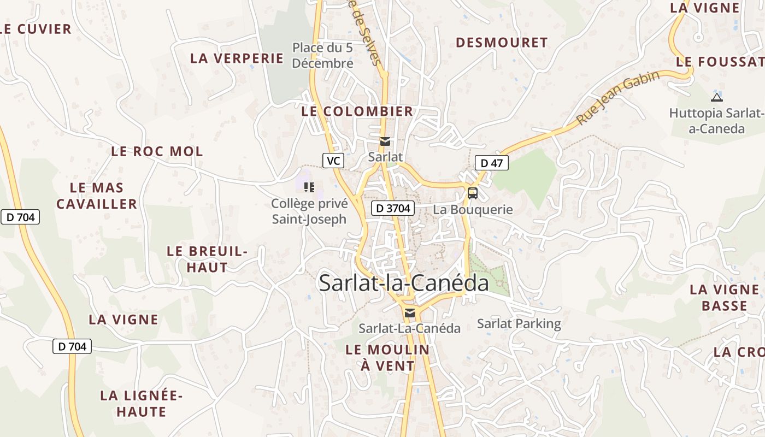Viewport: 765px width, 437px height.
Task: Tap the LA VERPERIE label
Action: click(237, 58)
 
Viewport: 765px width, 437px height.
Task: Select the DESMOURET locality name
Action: click(502, 43)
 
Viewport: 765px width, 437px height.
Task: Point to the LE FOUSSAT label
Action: click(719, 62)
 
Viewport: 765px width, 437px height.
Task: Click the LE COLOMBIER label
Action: click(357, 111)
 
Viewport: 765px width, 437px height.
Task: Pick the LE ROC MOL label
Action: click(157, 151)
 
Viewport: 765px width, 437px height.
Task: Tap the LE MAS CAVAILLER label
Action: click(97, 196)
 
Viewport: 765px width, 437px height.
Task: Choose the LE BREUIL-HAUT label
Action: click(207, 259)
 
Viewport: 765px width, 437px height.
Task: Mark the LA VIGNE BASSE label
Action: click(725, 297)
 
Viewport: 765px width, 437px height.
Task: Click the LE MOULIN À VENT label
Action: click(387, 357)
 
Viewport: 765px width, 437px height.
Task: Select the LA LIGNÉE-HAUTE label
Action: click(142, 403)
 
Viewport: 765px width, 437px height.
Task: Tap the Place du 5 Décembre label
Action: click(323, 56)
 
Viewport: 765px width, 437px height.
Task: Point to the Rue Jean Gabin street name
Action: click(618, 98)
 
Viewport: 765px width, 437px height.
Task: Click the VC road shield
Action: click(333, 161)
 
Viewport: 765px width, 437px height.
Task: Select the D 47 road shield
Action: click(492, 163)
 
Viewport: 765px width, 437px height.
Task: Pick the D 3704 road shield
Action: click(393, 208)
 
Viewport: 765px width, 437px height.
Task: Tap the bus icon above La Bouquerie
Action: click(472, 193)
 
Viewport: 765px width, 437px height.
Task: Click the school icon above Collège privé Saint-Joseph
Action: click(309, 188)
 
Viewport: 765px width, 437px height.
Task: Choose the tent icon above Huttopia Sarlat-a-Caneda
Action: click(716, 98)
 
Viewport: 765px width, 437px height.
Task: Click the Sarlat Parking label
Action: click(519, 323)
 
